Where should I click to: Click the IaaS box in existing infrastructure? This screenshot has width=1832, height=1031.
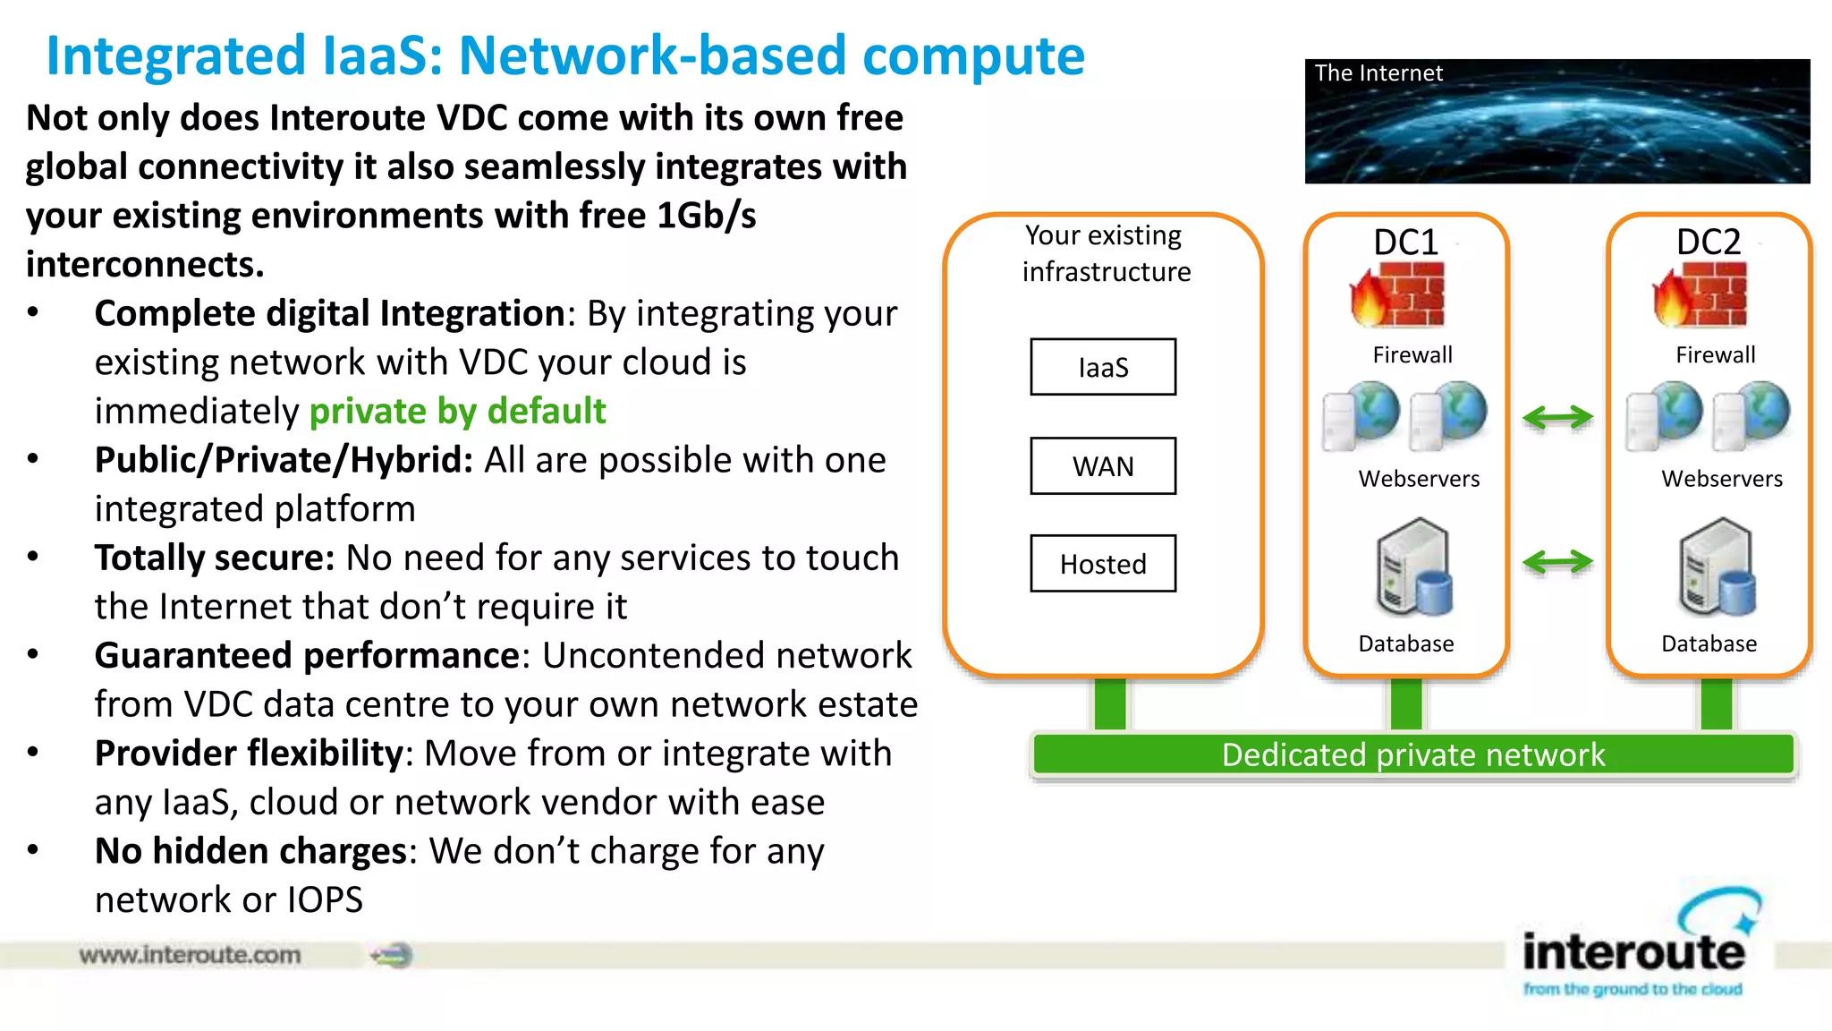1102,367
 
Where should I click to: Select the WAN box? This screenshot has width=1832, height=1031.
1102,466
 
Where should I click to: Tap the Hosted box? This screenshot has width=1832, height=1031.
1102,564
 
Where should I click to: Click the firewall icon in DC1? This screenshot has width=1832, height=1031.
1398,296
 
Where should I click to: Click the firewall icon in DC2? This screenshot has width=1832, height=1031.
1701,296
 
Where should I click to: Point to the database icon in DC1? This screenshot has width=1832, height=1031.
1412,569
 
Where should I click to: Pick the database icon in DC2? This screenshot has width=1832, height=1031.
1716,569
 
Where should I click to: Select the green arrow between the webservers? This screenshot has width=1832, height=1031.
1557,417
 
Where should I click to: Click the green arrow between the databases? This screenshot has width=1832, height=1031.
1557,562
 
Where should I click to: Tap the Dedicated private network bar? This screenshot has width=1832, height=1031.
1412,755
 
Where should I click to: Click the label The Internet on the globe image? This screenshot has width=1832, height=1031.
1378,73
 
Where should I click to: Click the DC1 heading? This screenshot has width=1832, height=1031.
1405,243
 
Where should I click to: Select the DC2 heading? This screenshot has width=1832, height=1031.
1708,243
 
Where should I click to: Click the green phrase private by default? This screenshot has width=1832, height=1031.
457,412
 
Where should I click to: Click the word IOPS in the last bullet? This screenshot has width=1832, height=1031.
325,900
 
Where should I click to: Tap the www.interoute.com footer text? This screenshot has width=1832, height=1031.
190,955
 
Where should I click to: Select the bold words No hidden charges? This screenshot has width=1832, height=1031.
250,851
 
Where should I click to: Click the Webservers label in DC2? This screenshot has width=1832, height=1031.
1721,479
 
